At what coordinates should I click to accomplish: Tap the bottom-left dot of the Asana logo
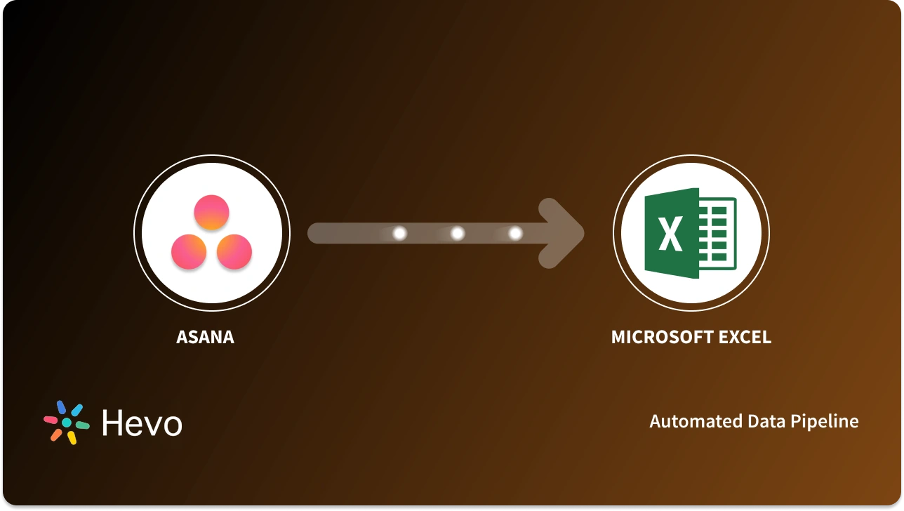pos(189,252)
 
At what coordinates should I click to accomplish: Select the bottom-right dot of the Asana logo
pos(234,252)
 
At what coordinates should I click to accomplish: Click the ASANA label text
pos(205,337)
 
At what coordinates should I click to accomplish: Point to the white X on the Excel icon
pos(671,234)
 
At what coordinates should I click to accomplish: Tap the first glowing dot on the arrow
pos(400,233)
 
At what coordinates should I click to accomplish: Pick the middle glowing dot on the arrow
pos(458,233)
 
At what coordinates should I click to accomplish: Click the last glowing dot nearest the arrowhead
pos(515,233)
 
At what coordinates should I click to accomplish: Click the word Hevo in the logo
pos(142,423)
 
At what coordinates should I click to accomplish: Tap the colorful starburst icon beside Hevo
pos(67,423)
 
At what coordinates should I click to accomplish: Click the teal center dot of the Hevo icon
pos(67,423)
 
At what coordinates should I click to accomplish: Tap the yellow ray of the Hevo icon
pos(72,437)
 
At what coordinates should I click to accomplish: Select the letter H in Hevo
pos(113,423)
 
